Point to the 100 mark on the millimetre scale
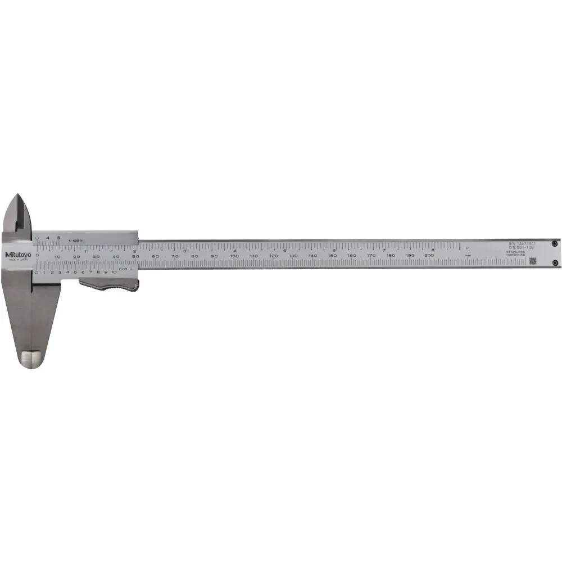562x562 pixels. pyautogui.click(x=234, y=256)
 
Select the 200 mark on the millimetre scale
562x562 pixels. pyautogui.click(x=429, y=256)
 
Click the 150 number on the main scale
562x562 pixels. pyautogui.click(x=332, y=256)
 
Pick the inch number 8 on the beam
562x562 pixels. pyautogui.click(x=432, y=250)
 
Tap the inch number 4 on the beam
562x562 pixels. pyautogui.click(x=234, y=251)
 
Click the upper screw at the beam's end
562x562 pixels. pyautogui.click(x=554, y=243)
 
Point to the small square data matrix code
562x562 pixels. pyautogui.click(x=532, y=261)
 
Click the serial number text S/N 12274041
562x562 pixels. pyautogui.click(x=521, y=243)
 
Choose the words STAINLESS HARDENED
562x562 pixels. pyautogui.click(x=515, y=253)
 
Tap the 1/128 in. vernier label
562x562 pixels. pyautogui.click(x=76, y=241)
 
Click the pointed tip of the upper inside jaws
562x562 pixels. pyautogui.click(x=20, y=196)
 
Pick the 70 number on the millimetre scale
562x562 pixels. pyautogui.click(x=175, y=256)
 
